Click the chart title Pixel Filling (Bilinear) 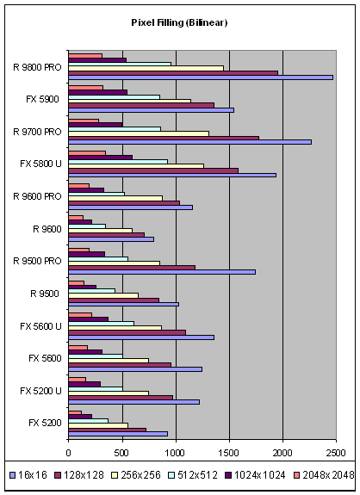179,22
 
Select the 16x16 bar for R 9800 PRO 201,77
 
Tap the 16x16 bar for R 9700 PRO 189,142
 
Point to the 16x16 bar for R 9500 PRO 162,272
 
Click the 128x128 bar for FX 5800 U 153,170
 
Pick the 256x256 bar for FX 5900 130,101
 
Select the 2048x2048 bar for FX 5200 75,412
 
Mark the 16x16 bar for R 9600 111,239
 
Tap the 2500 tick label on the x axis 336,453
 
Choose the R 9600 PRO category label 37,196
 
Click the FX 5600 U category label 40,326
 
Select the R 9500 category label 45,294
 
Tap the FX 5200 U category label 40,391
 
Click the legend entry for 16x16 28,475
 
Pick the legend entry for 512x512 193,475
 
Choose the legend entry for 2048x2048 325,475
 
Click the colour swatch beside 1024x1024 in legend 228,475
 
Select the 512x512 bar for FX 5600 96,356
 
